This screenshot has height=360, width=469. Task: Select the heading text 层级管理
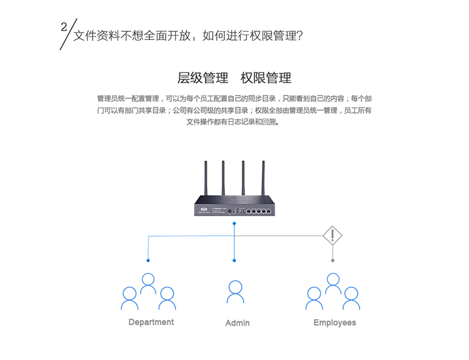coord(203,78)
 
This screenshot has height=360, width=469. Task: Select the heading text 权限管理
coord(266,78)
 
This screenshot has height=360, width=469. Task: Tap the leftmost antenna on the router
coord(205,178)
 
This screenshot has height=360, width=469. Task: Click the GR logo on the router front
coord(204,209)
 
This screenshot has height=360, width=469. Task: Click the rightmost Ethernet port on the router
coord(268,211)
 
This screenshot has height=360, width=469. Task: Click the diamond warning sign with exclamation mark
coord(333,236)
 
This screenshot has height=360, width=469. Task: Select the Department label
coord(151,322)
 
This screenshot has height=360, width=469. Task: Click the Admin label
coord(237,323)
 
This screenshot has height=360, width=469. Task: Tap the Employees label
coord(335,322)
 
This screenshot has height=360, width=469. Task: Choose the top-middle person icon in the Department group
coord(148,284)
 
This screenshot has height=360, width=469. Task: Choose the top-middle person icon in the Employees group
coord(333,284)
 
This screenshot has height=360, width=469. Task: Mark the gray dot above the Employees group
coord(333,260)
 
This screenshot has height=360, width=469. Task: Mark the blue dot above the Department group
coord(148,260)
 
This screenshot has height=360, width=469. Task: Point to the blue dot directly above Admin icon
coord(234,260)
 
